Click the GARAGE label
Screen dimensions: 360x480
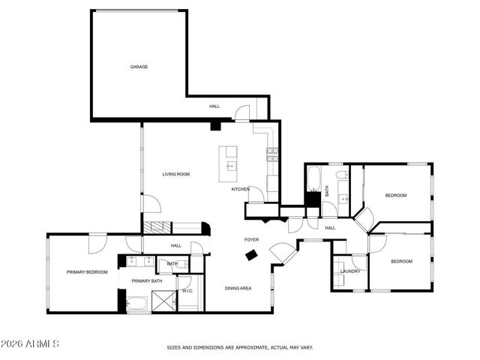(139, 67)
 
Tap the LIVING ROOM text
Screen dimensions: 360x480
(176, 174)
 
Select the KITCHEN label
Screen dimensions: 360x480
(240, 189)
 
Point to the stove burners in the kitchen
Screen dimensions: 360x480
(272, 156)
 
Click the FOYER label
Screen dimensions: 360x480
(251, 240)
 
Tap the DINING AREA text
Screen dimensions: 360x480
(238, 288)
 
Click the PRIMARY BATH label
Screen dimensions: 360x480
(147, 281)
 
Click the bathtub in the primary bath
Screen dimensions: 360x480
(137, 304)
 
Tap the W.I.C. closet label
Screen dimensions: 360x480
(187, 290)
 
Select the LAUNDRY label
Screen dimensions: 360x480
(350, 271)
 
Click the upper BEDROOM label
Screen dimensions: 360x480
(396, 196)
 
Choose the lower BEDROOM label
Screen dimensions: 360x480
(401, 261)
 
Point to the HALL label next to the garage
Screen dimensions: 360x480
(214, 106)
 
